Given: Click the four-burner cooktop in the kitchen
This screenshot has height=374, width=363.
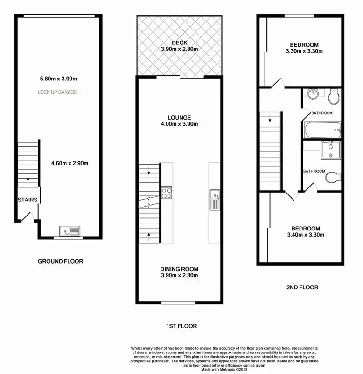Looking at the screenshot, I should [x=167, y=193].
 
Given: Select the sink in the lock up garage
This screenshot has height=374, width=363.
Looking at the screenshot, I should [x=70, y=230].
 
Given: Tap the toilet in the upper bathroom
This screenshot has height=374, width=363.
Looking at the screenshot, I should [x=333, y=98].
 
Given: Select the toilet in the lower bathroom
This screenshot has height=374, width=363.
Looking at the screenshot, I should [x=332, y=177].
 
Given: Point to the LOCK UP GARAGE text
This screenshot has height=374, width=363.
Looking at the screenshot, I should [x=57, y=92].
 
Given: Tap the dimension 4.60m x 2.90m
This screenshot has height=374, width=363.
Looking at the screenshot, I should [x=70, y=163].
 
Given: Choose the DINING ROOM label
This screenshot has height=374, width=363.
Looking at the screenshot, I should [x=180, y=269].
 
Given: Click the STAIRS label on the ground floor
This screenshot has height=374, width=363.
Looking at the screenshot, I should [x=28, y=200].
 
